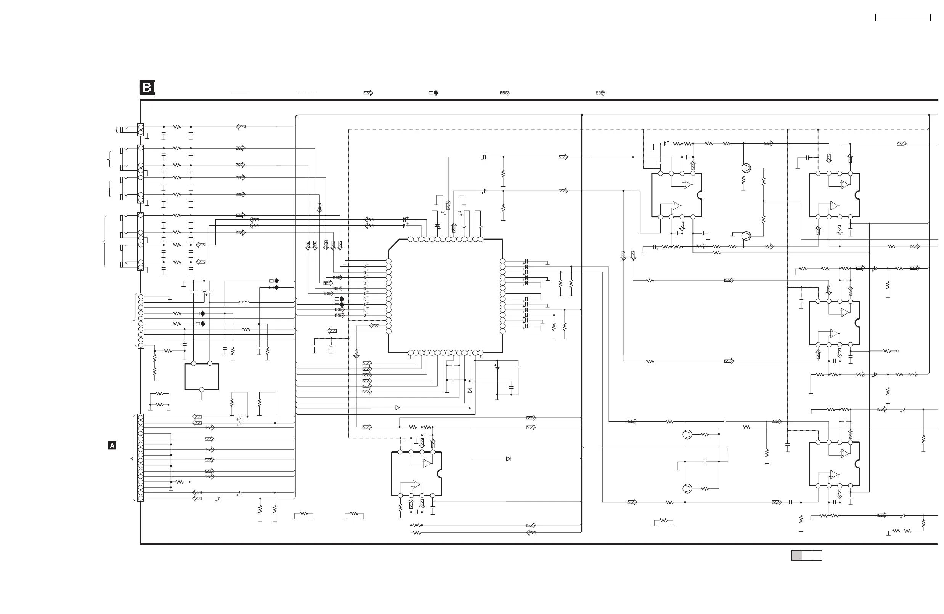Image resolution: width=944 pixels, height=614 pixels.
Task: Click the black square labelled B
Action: (147, 88)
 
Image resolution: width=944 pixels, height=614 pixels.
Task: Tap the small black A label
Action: (112, 446)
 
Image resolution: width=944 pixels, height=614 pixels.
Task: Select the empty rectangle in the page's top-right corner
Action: (902, 18)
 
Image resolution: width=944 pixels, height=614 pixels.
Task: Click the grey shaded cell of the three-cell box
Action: (796, 555)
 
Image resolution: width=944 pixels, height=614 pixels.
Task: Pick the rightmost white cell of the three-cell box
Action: (817, 555)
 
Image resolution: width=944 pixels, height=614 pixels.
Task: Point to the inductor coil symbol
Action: (244, 302)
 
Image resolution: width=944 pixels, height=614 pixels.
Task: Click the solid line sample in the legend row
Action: (239, 93)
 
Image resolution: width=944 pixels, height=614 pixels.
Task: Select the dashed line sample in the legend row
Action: (306, 93)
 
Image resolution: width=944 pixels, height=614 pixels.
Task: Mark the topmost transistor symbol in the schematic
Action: (746, 168)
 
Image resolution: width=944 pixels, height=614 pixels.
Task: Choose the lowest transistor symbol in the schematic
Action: (687, 489)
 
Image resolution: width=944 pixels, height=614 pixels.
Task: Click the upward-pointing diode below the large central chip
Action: (470, 391)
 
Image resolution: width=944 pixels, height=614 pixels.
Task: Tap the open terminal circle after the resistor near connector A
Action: (190, 482)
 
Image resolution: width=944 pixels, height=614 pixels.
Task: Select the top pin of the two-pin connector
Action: (140, 127)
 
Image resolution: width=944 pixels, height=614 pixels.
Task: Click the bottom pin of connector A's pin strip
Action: (140, 499)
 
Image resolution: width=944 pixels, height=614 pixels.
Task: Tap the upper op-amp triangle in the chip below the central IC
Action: (427, 463)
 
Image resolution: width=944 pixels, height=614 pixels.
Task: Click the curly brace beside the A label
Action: (132, 458)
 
